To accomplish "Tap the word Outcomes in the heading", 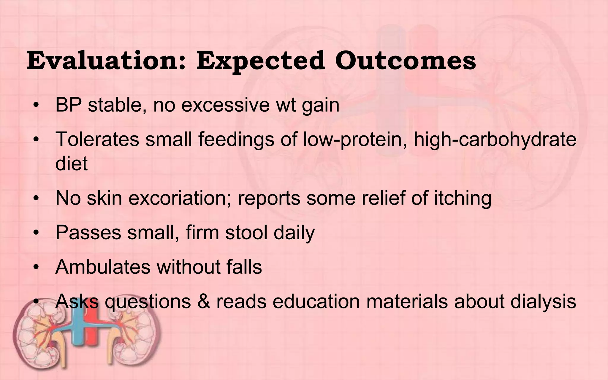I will coord(406,61).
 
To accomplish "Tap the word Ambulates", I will coord(103,267).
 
